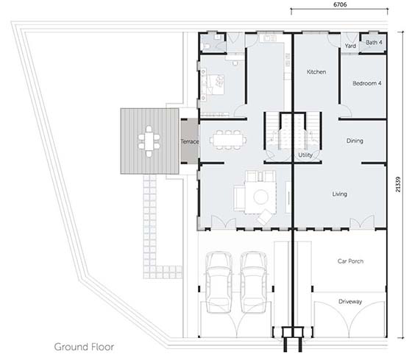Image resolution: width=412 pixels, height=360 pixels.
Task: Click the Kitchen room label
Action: point(316,72)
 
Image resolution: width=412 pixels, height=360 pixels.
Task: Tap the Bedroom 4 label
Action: point(367,83)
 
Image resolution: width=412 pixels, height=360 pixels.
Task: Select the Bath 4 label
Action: point(374,43)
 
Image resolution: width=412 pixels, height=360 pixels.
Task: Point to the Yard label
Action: point(350,46)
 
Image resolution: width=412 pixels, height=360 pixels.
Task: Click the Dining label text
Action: point(355,141)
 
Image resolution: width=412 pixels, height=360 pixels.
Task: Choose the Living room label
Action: point(339,194)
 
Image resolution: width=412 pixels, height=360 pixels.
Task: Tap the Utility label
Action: point(305,155)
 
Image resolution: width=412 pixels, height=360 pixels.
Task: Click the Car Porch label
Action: point(350,261)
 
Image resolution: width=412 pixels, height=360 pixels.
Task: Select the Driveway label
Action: point(350,302)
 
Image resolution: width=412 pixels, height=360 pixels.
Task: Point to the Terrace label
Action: point(190,141)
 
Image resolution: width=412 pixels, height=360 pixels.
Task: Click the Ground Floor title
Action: point(84,347)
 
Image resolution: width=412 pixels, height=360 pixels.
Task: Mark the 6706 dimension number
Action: point(340,4)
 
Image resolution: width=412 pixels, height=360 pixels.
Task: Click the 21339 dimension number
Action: point(398,184)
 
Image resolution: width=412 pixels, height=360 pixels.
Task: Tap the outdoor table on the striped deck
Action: point(149,141)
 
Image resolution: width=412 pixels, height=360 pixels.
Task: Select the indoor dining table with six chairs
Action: point(228,140)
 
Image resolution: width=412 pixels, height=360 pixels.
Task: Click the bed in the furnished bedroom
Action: point(216,84)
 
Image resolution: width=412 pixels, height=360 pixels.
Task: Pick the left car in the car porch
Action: point(219,282)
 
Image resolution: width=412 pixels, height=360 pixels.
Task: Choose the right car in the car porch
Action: point(254,282)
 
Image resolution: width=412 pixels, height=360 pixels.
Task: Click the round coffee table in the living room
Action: point(260,197)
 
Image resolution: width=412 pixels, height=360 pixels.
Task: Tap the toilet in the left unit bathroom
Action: point(207,46)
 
